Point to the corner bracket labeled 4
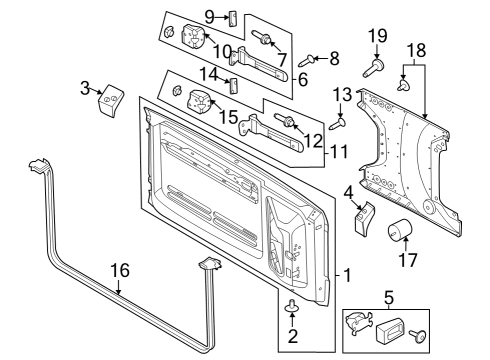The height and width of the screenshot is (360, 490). point(363,219)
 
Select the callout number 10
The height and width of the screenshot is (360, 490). point(222,50)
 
